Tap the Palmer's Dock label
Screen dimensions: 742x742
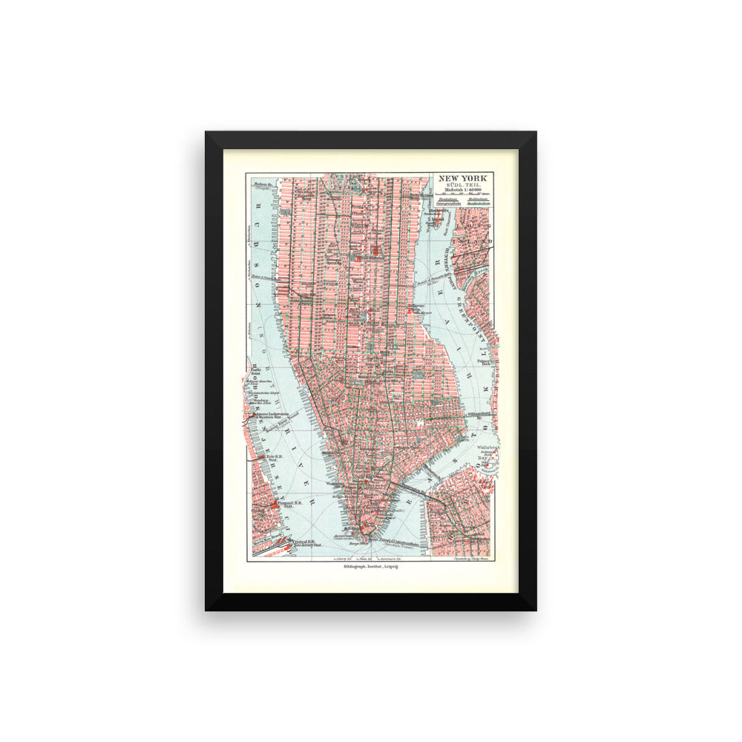click(486, 363)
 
